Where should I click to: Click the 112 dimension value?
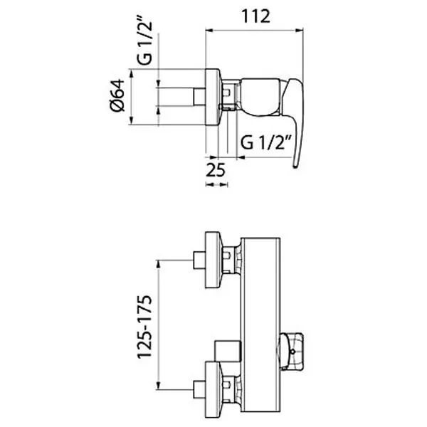tap(255, 16)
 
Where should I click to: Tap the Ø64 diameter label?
tap(117, 95)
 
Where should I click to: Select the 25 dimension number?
tap(216, 170)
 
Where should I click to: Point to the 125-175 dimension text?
tap(144, 327)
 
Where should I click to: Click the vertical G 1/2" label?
tap(144, 43)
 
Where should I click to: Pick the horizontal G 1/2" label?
tap(266, 142)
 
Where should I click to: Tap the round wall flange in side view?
tap(213, 97)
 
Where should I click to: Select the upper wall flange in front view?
tap(213, 260)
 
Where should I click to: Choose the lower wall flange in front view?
tap(213, 390)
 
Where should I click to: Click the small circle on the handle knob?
tap(292, 352)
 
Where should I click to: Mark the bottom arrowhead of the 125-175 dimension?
tap(158, 386)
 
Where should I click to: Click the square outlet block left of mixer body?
tap(228, 351)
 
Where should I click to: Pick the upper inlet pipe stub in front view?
tap(199, 260)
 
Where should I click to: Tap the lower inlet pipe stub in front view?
tap(199, 390)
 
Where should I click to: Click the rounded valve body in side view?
tap(260, 97)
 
